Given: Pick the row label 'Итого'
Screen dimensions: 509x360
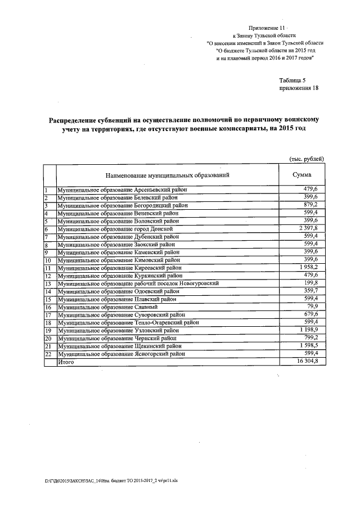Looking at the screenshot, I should point(66,363).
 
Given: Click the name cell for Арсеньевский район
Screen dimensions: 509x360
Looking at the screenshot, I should point(122,190).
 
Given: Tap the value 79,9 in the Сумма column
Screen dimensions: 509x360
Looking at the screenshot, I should point(310,307).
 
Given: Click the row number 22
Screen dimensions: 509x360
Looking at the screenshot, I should point(48,355).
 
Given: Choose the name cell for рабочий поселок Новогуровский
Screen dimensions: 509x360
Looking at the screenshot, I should point(145,283).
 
